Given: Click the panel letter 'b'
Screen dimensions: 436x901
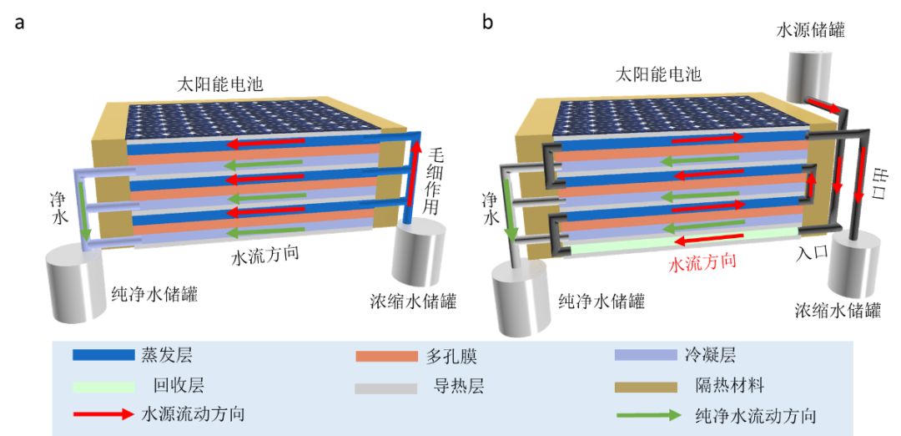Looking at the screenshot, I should (x=487, y=23).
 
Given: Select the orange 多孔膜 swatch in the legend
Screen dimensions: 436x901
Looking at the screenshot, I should (x=386, y=356).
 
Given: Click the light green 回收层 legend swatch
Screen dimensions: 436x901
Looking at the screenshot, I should (x=103, y=386).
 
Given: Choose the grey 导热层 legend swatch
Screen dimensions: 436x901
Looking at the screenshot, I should (x=386, y=387).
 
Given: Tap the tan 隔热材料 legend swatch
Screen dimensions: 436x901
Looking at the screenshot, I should (x=646, y=387).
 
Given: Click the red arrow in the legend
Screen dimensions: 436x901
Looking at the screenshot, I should (x=103, y=414).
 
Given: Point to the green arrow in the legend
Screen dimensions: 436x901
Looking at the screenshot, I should (x=646, y=414).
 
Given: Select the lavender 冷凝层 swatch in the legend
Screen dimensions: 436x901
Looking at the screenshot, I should (x=646, y=356).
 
